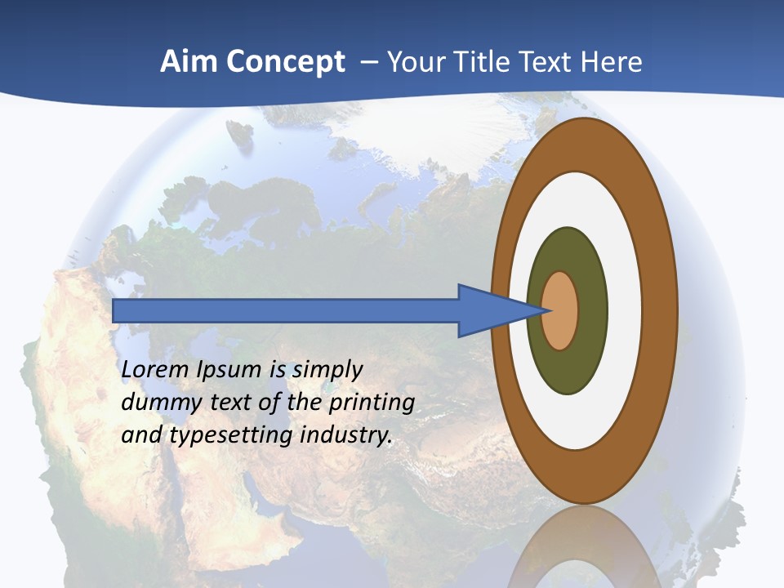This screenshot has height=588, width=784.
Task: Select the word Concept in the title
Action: click(286, 62)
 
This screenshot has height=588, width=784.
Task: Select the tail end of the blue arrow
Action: click(115, 310)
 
